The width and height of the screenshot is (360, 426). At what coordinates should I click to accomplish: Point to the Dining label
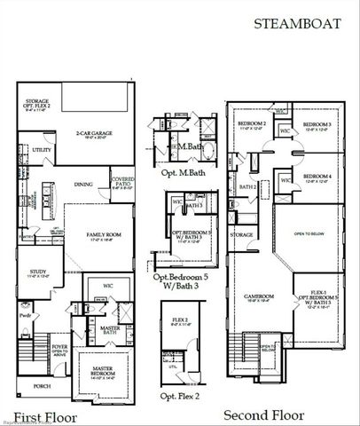click(x=83, y=185)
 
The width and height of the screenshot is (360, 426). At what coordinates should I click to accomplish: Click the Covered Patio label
click(x=123, y=184)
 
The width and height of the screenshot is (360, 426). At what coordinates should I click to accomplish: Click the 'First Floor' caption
click(x=46, y=416)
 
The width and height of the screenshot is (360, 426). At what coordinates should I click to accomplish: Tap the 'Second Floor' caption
click(x=263, y=414)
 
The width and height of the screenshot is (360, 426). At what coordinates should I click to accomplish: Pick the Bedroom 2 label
click(x=252, y=125)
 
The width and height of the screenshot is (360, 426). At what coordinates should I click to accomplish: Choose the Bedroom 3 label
click(x=317, y=125)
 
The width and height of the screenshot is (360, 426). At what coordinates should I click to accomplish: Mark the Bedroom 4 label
click(x=317, y=177)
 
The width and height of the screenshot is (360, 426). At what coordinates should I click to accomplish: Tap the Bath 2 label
click(x=248, y=187)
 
